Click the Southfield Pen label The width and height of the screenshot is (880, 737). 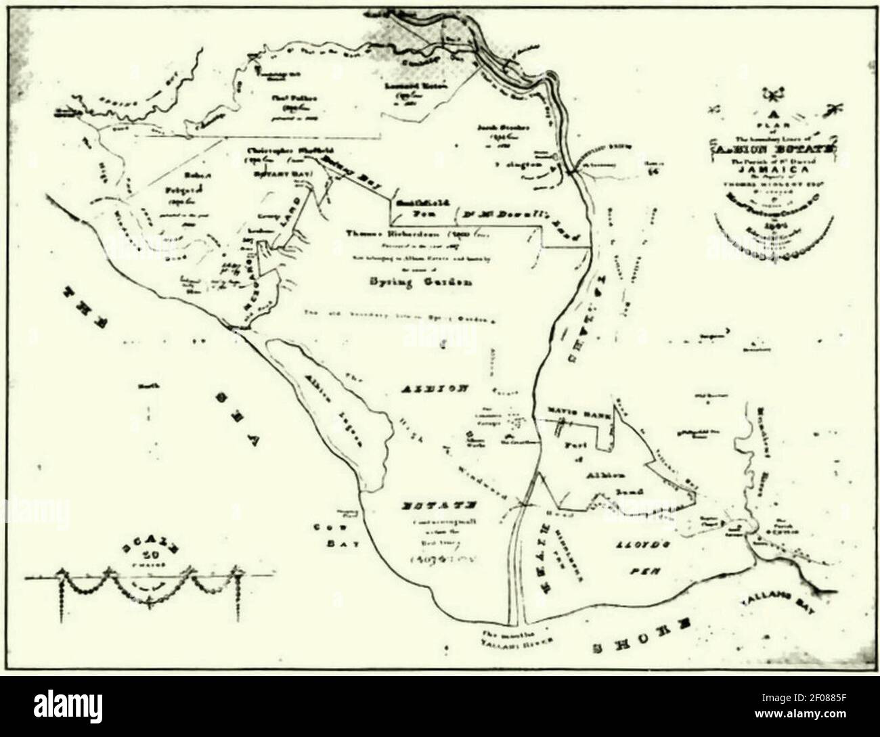(422, 206)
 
